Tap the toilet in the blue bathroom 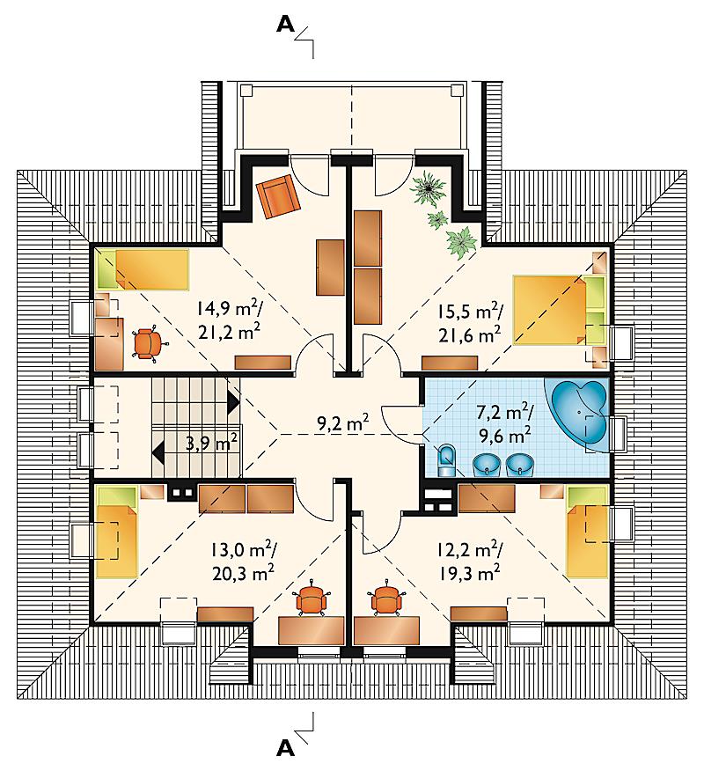click(x=446, y=460)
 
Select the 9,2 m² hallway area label click(x=342, y=423)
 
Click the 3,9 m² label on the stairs click(x=212, y=443)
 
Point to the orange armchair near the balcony click(x=278, y=196)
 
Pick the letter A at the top click(x=286, y=24)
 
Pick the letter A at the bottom click(x=286, y=748)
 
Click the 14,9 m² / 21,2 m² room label click(x=230, y=320)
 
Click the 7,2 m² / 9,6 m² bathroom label click(x=503, y=423)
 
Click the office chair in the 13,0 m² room click(x=312, y=598)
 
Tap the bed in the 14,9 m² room click(x=143, y=269)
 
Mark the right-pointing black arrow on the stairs click(x=233, y=402)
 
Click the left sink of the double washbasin click(x=486, y=464)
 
